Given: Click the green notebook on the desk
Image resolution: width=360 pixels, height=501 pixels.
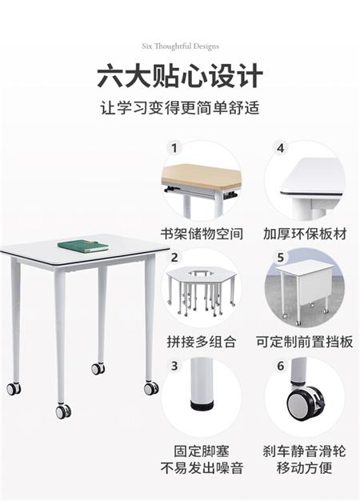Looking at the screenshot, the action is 83,246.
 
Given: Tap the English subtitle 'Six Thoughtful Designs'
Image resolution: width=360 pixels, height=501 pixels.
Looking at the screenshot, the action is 181,46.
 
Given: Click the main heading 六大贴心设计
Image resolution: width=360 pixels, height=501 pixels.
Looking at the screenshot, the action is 180,76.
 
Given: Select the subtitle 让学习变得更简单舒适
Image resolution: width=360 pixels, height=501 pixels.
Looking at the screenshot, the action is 180,107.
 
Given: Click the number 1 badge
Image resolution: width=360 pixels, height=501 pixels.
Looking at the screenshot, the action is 174,148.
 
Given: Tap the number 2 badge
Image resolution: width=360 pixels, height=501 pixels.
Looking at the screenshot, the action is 174,257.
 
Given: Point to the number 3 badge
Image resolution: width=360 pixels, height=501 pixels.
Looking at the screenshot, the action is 174,366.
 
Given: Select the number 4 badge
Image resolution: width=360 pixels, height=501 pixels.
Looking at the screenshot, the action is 281,148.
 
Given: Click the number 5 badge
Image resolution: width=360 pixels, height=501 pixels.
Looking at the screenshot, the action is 281,257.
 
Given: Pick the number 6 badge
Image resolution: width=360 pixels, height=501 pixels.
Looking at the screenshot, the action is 281,366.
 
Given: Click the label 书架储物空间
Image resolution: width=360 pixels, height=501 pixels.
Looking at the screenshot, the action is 202,234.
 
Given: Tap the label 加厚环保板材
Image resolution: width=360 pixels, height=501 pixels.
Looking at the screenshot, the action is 305,234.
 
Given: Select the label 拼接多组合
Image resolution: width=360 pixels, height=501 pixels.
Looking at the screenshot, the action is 202,342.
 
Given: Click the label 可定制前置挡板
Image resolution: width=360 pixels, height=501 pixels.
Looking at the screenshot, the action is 305,342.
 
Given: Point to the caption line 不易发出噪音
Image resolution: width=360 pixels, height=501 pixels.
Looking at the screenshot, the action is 202,468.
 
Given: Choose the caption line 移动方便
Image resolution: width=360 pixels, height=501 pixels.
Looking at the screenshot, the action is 305,468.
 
